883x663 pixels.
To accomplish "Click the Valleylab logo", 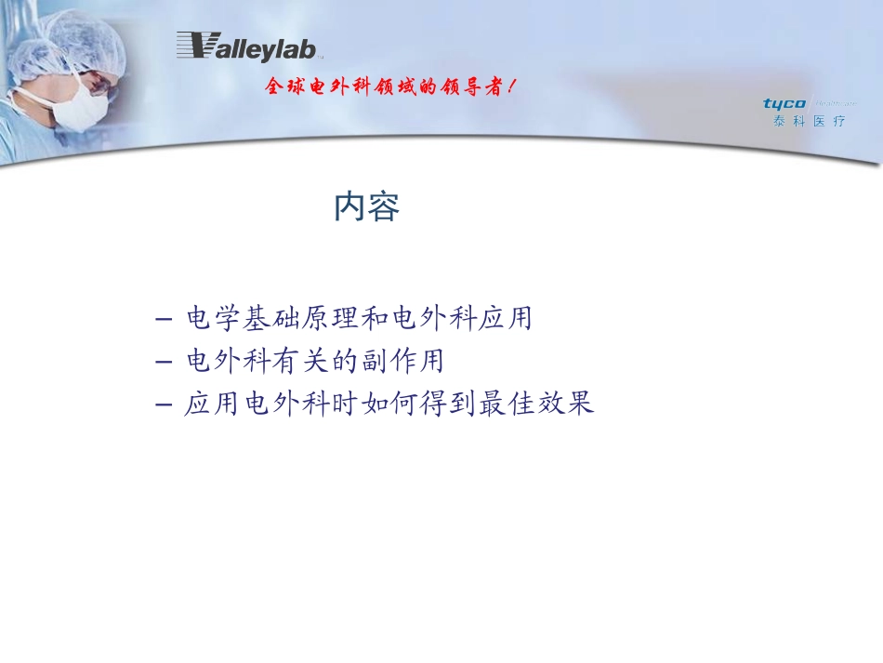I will (x=246, y=46).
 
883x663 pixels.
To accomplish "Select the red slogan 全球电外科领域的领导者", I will (x=390, y=87).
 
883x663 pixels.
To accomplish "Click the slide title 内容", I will (x=367, y=207).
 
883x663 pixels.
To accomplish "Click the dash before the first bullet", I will (x=165, y=319).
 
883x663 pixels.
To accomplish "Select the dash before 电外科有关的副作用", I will (x=165, y=361).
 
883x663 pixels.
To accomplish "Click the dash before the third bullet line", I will (x=165, y=405).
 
